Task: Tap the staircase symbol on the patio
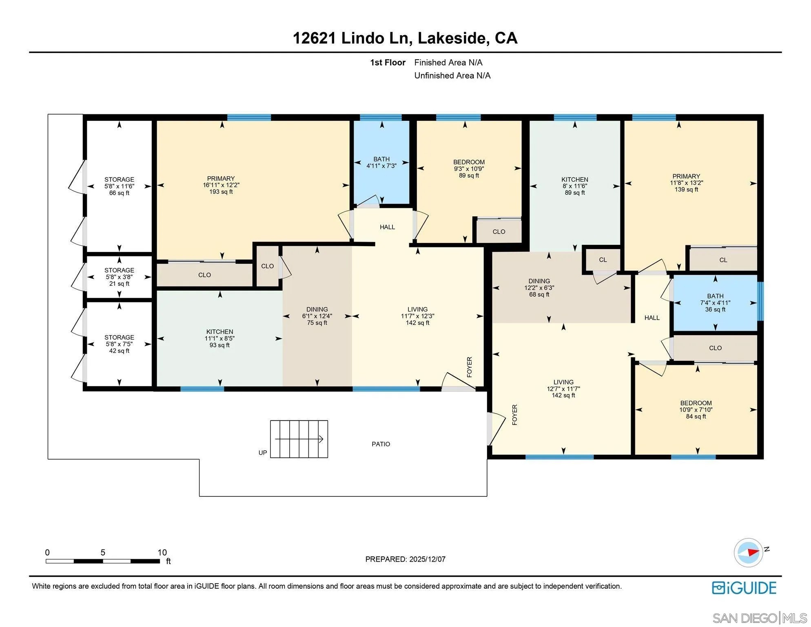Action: pos(299,439)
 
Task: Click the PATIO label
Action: pos(381,444)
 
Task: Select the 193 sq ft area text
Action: pos(221,192)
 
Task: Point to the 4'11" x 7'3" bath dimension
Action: pos(381,166)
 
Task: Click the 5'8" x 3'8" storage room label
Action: pos(119,277)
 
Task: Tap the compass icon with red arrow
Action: pos(749,552)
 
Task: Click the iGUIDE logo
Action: pos(744,588)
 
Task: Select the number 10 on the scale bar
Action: pos(162,552)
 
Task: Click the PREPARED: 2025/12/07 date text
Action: pos(405,559)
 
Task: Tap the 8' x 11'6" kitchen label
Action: pos(574,186)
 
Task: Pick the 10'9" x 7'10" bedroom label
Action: pos(696,410)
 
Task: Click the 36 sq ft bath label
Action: pos(715,309)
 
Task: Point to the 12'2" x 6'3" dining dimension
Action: pos(539,288)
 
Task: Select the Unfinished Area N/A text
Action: pos(452,76)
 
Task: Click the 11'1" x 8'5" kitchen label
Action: pos(219,338)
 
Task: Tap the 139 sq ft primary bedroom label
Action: pos(686,189)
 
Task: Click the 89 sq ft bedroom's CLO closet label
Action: pos(499,231)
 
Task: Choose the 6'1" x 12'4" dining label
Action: pos(317,316)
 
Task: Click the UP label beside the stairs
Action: pos(263,453)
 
